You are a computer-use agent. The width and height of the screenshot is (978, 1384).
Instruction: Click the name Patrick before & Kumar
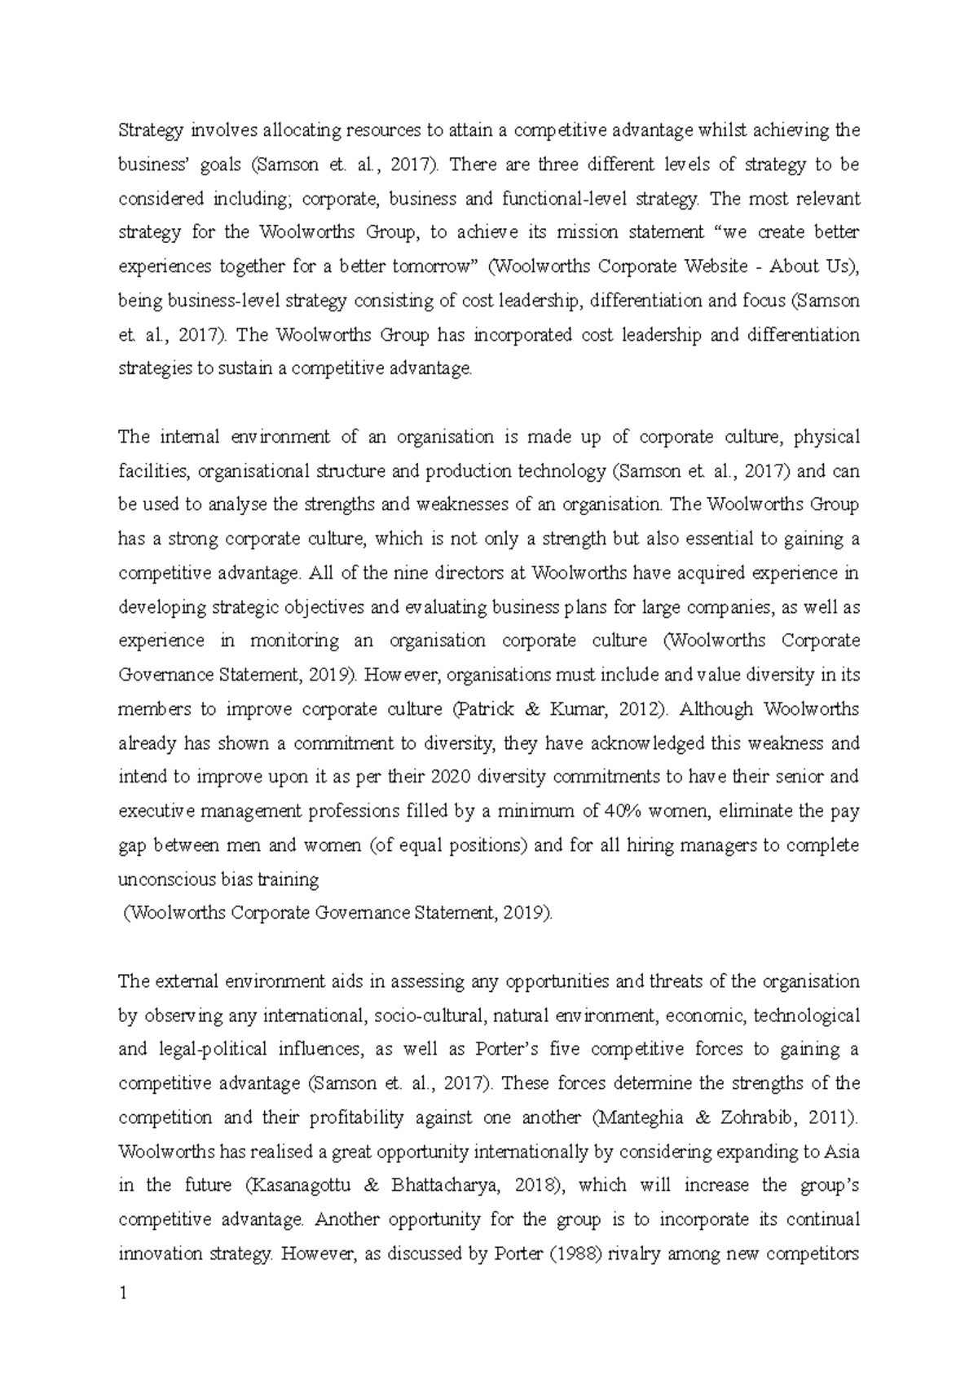tap(484, 709)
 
